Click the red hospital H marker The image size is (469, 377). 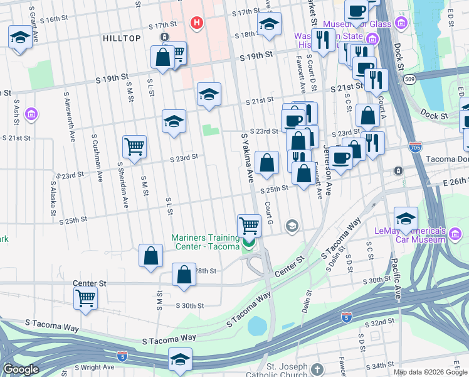(198, 24)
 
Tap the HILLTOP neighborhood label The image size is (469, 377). (122, 38)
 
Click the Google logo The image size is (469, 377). (21, 369)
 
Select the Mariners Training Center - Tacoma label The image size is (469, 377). (206, 242)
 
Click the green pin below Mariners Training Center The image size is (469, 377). (249, 244)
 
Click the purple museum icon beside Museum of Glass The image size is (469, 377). (401, 25)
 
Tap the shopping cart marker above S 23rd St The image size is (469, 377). (134, 147)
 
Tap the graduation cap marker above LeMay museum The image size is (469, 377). (406, 218)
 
